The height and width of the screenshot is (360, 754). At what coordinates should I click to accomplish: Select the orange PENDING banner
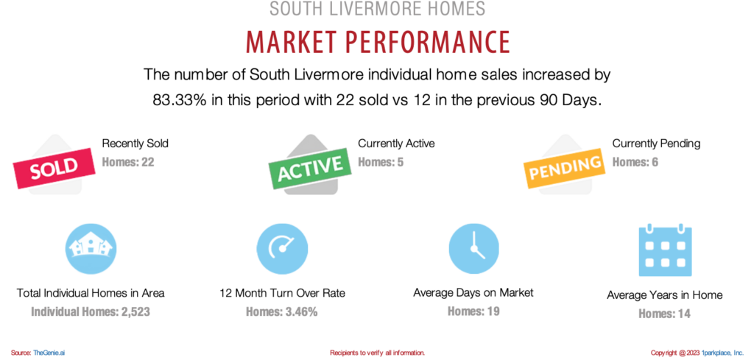pyautogui.click(x=563, y=168)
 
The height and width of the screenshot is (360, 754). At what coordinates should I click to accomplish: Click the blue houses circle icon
pyautogui.click(x=91, y=249)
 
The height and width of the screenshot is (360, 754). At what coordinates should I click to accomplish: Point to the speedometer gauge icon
pyautogui.click(x=282, y=249)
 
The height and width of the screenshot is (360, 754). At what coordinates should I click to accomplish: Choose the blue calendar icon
pyautogui.click(x=665, y=250)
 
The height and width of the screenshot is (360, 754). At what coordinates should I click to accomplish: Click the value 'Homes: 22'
pyautogui.click(x=128, y=163)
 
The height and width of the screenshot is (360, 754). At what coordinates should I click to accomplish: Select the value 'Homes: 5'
pyautogui.click(x=381, y=163)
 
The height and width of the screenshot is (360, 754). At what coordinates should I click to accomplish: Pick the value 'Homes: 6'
pyautogui.click(x=635, y=163)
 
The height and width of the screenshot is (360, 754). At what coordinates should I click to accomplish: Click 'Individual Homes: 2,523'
pyautogui.click(x=91, y=312)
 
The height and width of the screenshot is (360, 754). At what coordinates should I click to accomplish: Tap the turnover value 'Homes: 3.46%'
pyautogui.click(x=282, y=312)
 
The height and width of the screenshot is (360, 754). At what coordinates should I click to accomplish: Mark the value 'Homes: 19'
pyautogui.click(x=473, y=311)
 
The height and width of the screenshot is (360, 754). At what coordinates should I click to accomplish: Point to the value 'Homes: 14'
pyautogui.click(x=665, y=314)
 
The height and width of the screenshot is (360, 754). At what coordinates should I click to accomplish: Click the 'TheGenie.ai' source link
pyautogui.click(x=49, y=353)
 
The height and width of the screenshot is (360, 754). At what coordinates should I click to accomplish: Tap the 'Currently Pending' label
pyautogui.click(x=656, y=144)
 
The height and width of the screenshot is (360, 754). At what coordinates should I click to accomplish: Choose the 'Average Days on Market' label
pyautogui.click(x=473, y=292)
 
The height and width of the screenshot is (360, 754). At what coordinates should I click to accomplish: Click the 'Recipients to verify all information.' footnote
pyautogui.click(x=378, y=353)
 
